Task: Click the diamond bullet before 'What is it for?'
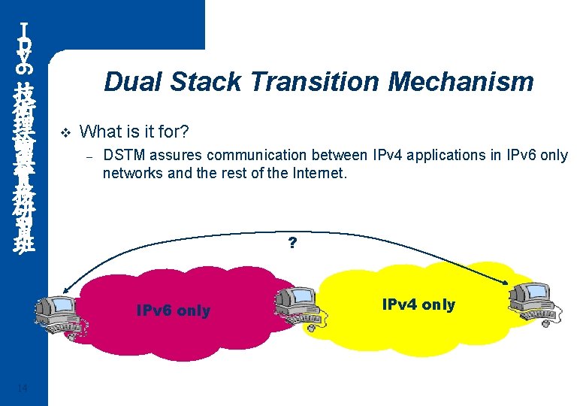click(x=64, y=133)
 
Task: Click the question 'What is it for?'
click(x=134, y=132)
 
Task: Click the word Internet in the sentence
click(x=319, y=173)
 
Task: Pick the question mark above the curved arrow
click(x=292, y=244)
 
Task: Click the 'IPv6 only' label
click(x=173, y=311)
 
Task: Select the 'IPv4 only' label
click(x=418, y=304)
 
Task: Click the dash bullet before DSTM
click(x=88, y=156)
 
